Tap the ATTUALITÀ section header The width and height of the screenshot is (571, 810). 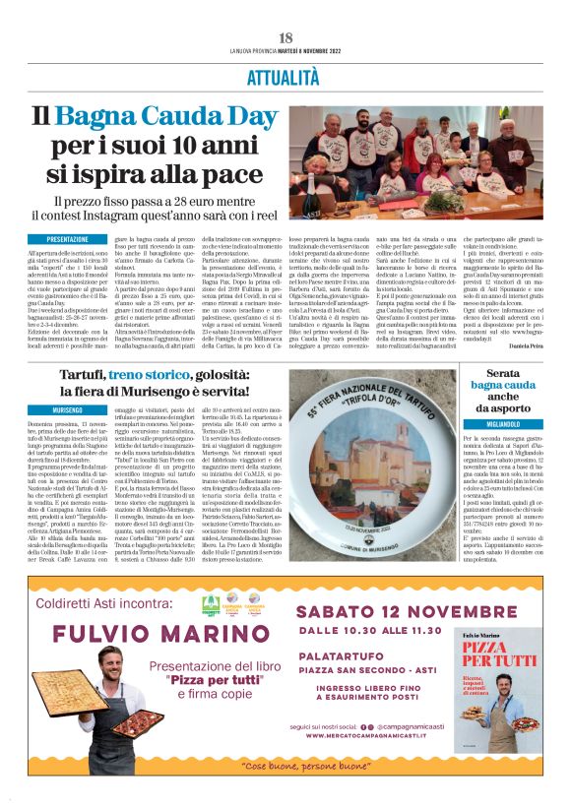pos(285,75)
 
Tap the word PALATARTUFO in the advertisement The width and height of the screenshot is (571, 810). pos(339,655)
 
